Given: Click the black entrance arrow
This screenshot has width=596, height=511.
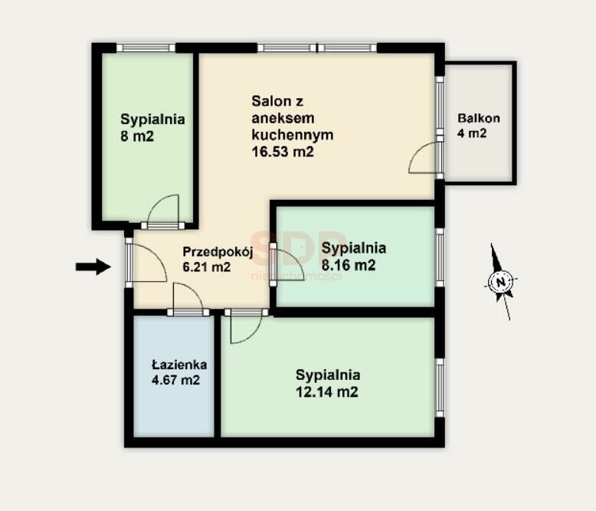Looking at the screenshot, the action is (93, 267).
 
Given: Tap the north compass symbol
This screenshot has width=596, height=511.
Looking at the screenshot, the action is (501, 282).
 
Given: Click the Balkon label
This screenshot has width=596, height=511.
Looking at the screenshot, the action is (479, 118).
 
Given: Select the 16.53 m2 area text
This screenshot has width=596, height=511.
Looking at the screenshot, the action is (283, 152).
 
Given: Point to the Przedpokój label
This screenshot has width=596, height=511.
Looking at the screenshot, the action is (218, 252).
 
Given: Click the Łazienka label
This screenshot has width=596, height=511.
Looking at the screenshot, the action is (179, 364).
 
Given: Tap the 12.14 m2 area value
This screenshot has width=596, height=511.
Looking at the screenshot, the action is (327, 391).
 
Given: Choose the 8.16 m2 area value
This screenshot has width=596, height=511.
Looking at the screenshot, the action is (349, 265).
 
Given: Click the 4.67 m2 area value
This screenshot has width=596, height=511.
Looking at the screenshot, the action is (175, 380).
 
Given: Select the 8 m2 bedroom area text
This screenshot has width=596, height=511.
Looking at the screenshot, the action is (137, 136).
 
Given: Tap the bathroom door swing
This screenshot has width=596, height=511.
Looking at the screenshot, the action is (188, 296).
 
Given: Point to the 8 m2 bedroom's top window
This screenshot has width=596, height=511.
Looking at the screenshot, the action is (146, 48).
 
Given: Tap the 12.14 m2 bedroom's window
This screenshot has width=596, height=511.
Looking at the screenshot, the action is (440, 388).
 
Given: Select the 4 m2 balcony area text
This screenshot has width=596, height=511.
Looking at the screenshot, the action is (472, 133).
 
